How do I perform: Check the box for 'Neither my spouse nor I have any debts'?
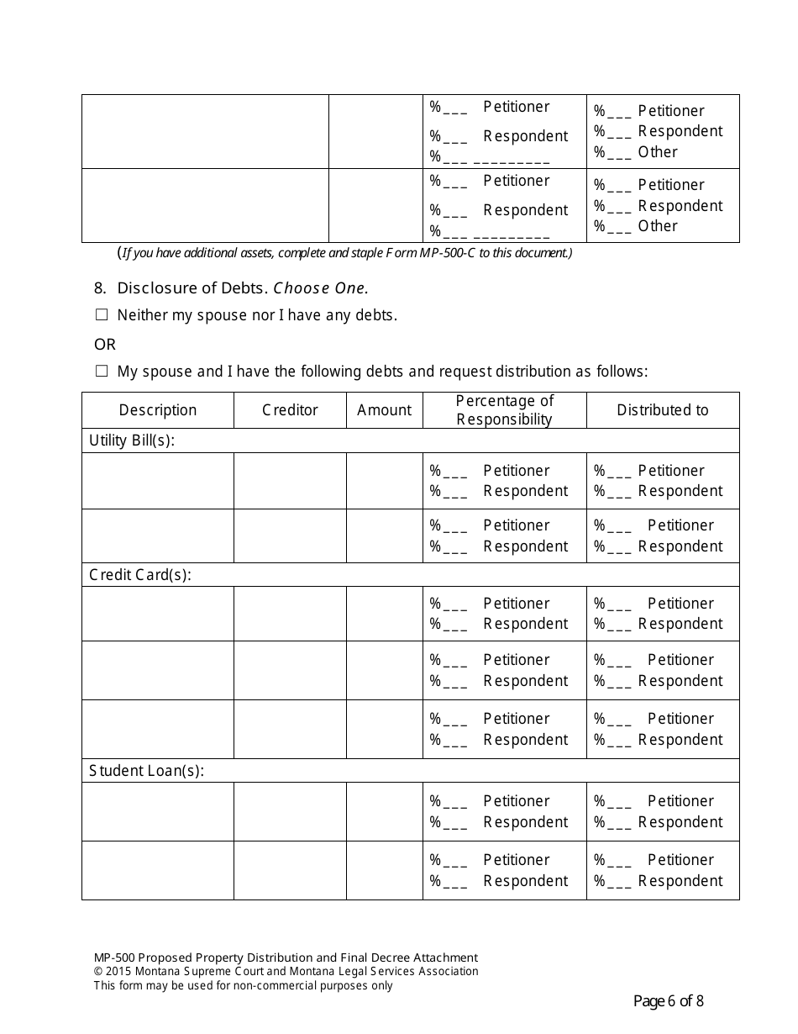(102, 315)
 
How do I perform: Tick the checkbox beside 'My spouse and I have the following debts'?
(102, 371)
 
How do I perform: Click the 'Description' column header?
(157, 410)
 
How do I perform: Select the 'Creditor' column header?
(290, 410)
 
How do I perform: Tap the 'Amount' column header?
(384, 410)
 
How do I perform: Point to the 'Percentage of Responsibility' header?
(504, 410)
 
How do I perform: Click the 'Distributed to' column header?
(662, 410)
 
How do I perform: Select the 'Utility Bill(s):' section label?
(132, 441)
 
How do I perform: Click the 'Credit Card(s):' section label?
(140, 575)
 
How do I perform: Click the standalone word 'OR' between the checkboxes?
(105, 345)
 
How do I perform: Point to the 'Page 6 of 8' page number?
(668, 1000)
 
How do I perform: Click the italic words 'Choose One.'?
(320, 288)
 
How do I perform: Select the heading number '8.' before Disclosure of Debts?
(100, 288)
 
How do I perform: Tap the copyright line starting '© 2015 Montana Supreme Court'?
(286, 971)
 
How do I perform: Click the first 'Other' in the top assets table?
(657, 152)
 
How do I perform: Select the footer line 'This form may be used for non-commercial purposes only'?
(243, 985)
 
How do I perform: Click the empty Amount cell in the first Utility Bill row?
(384, 481)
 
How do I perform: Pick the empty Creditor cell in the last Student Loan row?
(290, 870)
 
